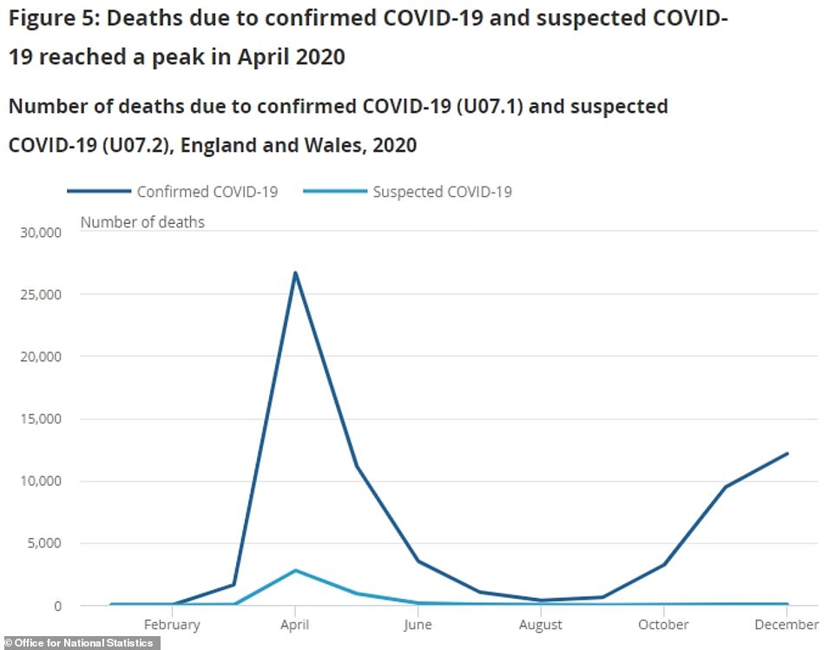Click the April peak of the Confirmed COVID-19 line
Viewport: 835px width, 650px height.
click(296, 273)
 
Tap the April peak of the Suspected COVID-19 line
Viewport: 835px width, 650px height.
click(296, 570)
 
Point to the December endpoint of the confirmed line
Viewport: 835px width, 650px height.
click(786, 453)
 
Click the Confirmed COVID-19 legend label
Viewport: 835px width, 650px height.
click(207, 192)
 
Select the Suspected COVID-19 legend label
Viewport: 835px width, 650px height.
click(442, 192)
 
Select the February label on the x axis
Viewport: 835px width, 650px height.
click(172, 624)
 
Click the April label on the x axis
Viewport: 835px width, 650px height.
click(296, 624)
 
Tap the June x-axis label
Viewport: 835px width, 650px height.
click(418, 624)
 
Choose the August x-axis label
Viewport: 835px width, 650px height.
click(541, 624)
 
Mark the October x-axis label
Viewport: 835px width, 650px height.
click(664, 624)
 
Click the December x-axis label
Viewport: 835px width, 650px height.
click(786, 624)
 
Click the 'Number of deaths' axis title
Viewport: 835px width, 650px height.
click(142, 222)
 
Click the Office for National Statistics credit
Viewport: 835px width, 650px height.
click(79, 643)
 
